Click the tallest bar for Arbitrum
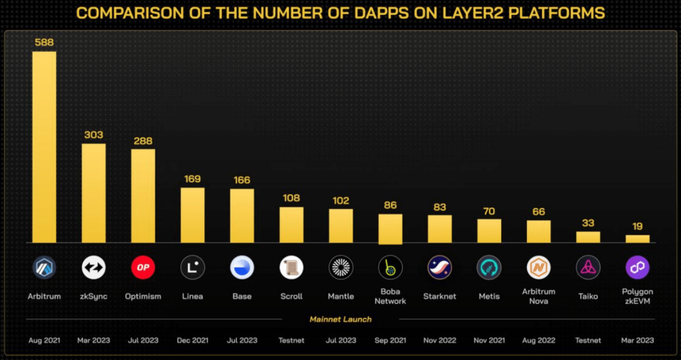pyautogui.click(x=44, y=147)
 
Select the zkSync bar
pyautogui.click(x=94, y=193)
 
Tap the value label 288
pyautogui.click(x=143, y=141)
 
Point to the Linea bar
pyautogui.click(x=193, y=215)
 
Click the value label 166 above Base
pyautogui.click(x=242, y=180)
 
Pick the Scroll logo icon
pyautogui.click(x=291, y=267)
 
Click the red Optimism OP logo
pyautogui.click(x=143, y=267)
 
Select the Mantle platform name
pyautogui.click(x=340, y=297)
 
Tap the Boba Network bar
pyautogui.click(x=390, y=229)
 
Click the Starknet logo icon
pyautogui.click(x=439, y=267)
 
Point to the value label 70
pyautogui.click(x=489, y=211)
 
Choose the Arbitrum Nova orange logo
pyautogui.click(x=539, y=267)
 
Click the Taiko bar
pyautogui.click(x=588, y=237)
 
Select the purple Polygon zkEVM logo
pyautogui.click(x=637, y=267)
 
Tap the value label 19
pyautogui.click(x=637, y=227)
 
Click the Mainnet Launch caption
pyautogui.click(x=340, y=319)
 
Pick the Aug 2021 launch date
pyautogui.click(x=44, y=340)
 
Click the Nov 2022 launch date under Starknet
pyautogui.click(x=439, y=340)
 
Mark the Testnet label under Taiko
pyautogui.click(x=588, y=340)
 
